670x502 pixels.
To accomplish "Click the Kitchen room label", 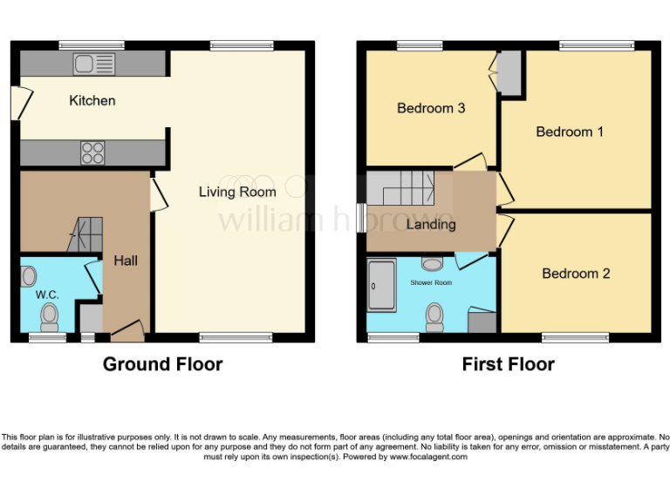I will [92, 100].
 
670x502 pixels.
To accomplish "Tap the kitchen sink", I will [93, 64].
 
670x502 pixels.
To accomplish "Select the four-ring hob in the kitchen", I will [92, 153].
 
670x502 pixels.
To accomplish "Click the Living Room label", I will [236, 192].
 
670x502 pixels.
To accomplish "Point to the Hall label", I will [125, 260].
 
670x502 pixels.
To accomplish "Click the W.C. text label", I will [46, 295].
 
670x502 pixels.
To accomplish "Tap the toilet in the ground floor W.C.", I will [50, 315].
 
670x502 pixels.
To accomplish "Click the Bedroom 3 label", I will [430, 108].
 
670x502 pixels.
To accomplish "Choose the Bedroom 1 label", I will [569, 132].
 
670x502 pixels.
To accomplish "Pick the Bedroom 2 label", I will [576, 273].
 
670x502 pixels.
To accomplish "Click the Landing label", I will [431, 224].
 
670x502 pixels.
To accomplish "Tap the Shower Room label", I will [431, 282].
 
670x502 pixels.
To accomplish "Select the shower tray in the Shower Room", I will [382, 284].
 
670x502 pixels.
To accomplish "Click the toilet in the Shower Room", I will [434, 316].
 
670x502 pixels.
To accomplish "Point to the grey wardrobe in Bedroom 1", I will [509, 73].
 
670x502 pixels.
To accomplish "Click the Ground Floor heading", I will [162, 364].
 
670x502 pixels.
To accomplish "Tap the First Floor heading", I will [508, 364].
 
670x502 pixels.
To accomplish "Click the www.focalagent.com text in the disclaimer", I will [428, 457].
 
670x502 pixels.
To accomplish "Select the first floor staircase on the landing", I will [400, 188].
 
